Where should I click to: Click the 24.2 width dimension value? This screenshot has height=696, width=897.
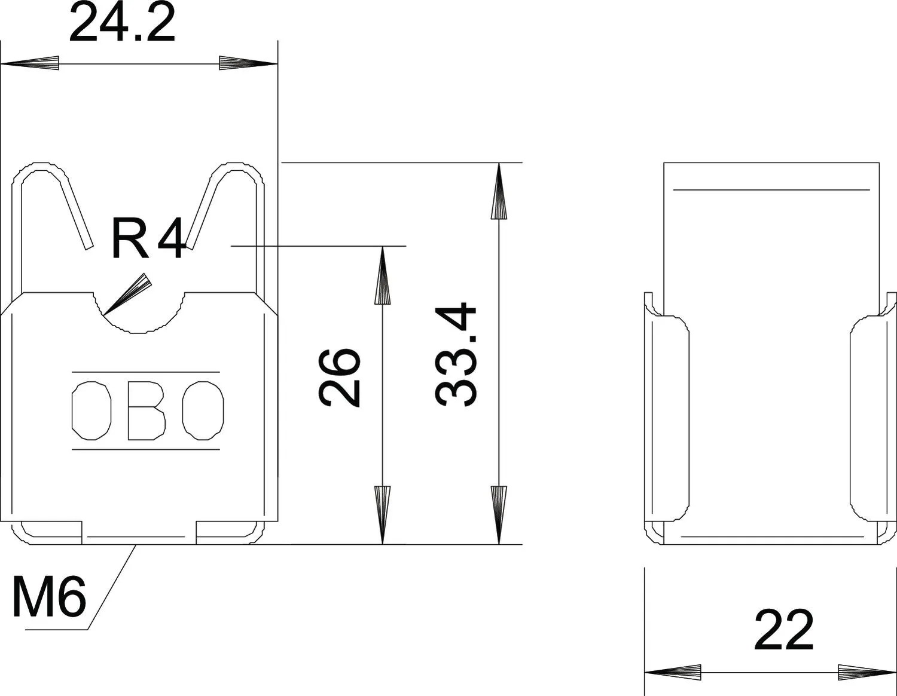pyautogui.click(x=122, y=22)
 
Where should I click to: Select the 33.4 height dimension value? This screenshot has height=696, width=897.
pyautogui.click(x=456, y=355)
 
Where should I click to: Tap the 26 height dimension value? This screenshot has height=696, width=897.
pyautogui.click(x=339, y=378)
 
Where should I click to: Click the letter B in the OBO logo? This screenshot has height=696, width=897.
pyautogui.click(x=147, y=410)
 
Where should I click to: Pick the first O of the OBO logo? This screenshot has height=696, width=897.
pyautogui.click(x=91, y=410)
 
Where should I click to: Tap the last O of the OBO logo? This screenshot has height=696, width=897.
pyautogui.click(x=203, y=410)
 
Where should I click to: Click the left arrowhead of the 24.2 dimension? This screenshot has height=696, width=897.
pyautogui.click(x=30, y=63)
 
